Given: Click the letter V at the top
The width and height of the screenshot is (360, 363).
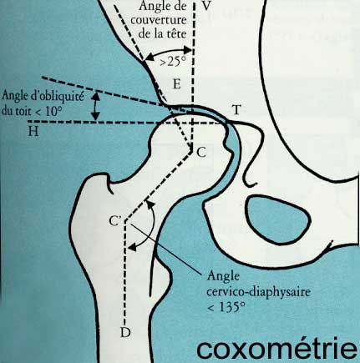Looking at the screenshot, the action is [x=206, y=6].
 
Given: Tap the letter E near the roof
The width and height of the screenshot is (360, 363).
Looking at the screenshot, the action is [x=176, y=83].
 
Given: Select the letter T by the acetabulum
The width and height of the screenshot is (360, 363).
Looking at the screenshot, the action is [x=236, y=110].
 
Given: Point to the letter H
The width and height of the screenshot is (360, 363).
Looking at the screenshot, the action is [x=33, y=132].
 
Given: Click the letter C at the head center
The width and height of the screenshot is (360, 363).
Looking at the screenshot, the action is [x=201, y=152].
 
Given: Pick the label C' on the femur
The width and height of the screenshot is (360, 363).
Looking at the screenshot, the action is [x=114, y=220].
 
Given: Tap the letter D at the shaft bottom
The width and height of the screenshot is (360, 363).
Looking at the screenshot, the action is [x=125, y=332].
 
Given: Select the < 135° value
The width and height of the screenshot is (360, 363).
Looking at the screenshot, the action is [x=226, y=308].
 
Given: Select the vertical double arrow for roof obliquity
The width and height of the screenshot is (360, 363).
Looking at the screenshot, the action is [x=95, y=107].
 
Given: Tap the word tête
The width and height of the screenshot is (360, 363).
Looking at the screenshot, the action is [x=177, y=34].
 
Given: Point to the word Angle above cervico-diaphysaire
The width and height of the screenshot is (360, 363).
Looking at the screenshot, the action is [x=223, y=277].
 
